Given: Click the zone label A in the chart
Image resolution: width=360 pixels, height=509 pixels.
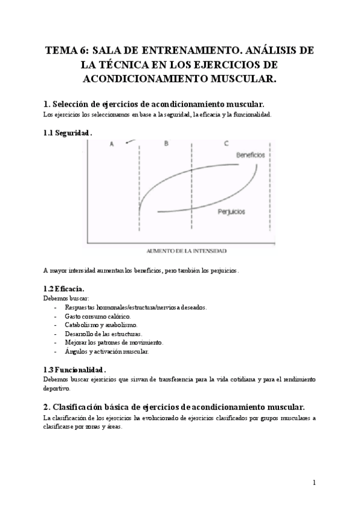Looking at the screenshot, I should tap(112, 143).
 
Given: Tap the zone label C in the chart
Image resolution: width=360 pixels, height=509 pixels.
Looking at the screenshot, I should tap(226, 143).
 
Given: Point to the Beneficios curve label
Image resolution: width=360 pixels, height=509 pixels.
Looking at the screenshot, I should tap(251, 155).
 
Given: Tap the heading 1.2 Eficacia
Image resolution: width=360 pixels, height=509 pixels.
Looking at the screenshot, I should tap(68, 288).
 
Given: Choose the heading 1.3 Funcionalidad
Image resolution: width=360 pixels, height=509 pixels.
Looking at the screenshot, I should tap(75, 370).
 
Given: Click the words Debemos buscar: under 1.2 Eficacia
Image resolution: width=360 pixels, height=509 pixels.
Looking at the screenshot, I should tap(67, 298).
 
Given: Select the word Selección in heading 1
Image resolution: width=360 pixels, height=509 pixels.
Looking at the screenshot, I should tap(77, 103).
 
